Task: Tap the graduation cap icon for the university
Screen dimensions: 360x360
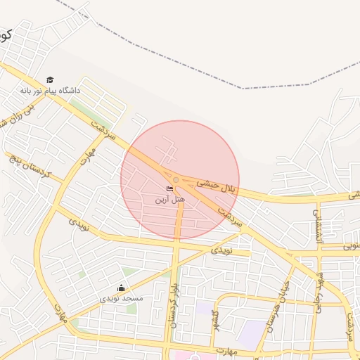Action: (49, 79)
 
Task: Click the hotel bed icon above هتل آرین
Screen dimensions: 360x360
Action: (169, 188)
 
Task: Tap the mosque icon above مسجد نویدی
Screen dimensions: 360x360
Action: (121, 288)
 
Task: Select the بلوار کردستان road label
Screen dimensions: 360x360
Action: (173, 305)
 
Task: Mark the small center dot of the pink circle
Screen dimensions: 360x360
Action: (176, 181)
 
